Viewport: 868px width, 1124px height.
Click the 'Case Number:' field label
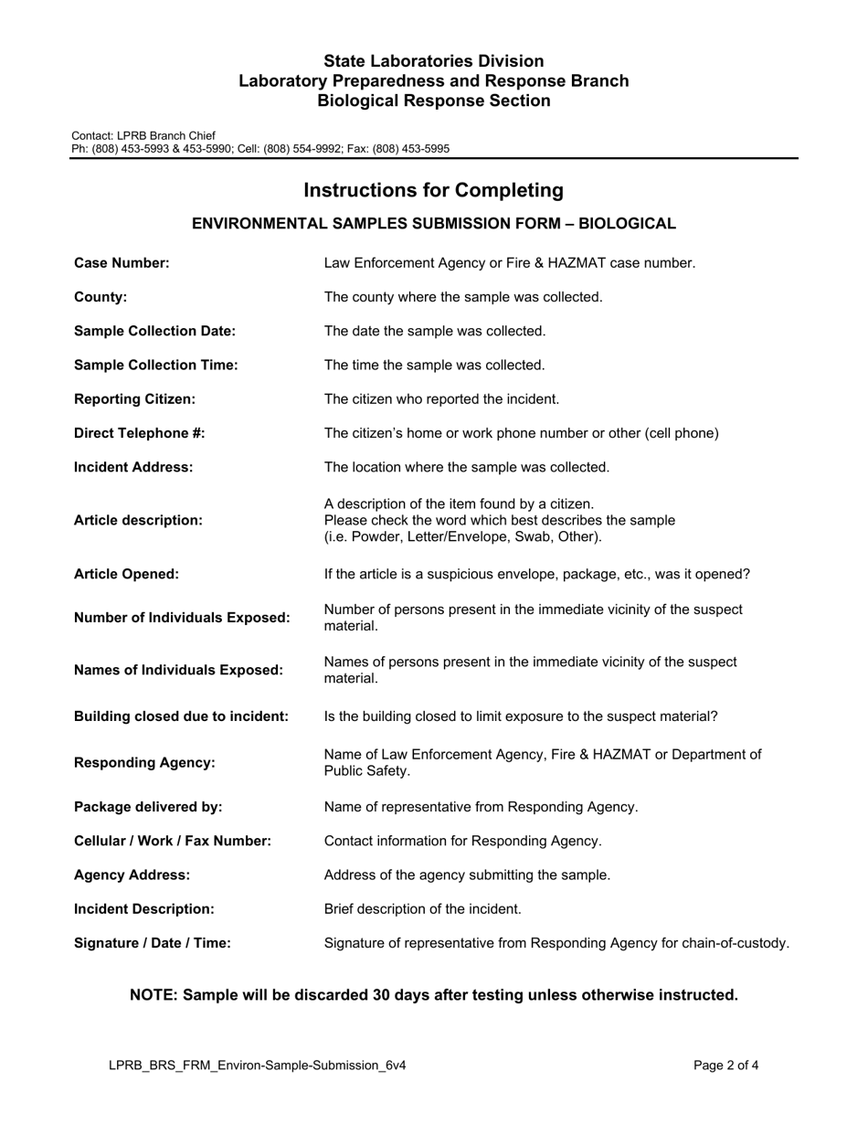point(122,263)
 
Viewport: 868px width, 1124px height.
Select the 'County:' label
point(101,297)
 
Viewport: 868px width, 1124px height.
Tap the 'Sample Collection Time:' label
point(155,365)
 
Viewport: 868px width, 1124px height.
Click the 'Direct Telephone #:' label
point(139,433)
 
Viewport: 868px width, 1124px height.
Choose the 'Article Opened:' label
point(126,574)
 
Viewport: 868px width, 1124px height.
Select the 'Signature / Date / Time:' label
point(152,942)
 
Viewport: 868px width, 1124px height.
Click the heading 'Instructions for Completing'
point(433,190)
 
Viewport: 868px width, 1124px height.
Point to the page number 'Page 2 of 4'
point(725,1065)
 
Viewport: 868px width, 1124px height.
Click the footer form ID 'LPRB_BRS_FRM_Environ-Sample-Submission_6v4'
point(257,1065)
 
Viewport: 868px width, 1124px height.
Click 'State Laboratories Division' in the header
point(433,61)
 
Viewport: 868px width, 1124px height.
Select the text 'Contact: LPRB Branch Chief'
point(143,135)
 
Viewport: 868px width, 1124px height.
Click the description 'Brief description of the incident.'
point(423,908)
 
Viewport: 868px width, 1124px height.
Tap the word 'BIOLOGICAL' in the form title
point(631,223)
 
